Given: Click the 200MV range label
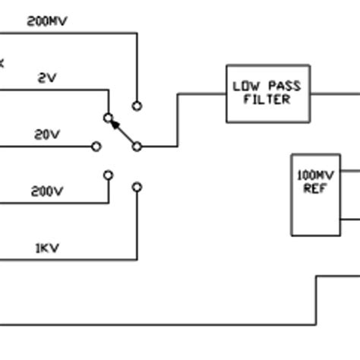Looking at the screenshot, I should (47, 21).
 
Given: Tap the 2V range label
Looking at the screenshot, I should (47, 78).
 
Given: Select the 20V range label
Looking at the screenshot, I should (47, 134).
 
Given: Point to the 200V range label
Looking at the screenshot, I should (47, 191).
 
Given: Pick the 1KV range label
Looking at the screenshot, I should (47, 248).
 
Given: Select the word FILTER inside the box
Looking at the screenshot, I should (267, 99).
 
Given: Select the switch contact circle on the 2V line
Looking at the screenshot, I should (108, 118).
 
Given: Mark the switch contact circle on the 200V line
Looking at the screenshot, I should (108, 175).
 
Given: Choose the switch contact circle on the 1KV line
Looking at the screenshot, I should (137, 186).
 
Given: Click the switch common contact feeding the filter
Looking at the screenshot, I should (137, 146).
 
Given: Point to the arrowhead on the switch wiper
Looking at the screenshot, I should (115, 125).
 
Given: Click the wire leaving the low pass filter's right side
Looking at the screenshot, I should (334, 94).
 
